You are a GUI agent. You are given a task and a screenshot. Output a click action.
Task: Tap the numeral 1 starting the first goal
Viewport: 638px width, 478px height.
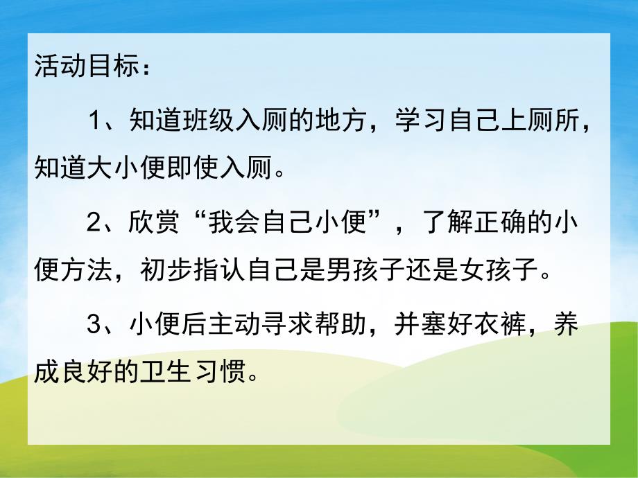95,122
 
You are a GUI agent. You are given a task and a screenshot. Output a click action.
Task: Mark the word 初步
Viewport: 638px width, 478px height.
171,267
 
